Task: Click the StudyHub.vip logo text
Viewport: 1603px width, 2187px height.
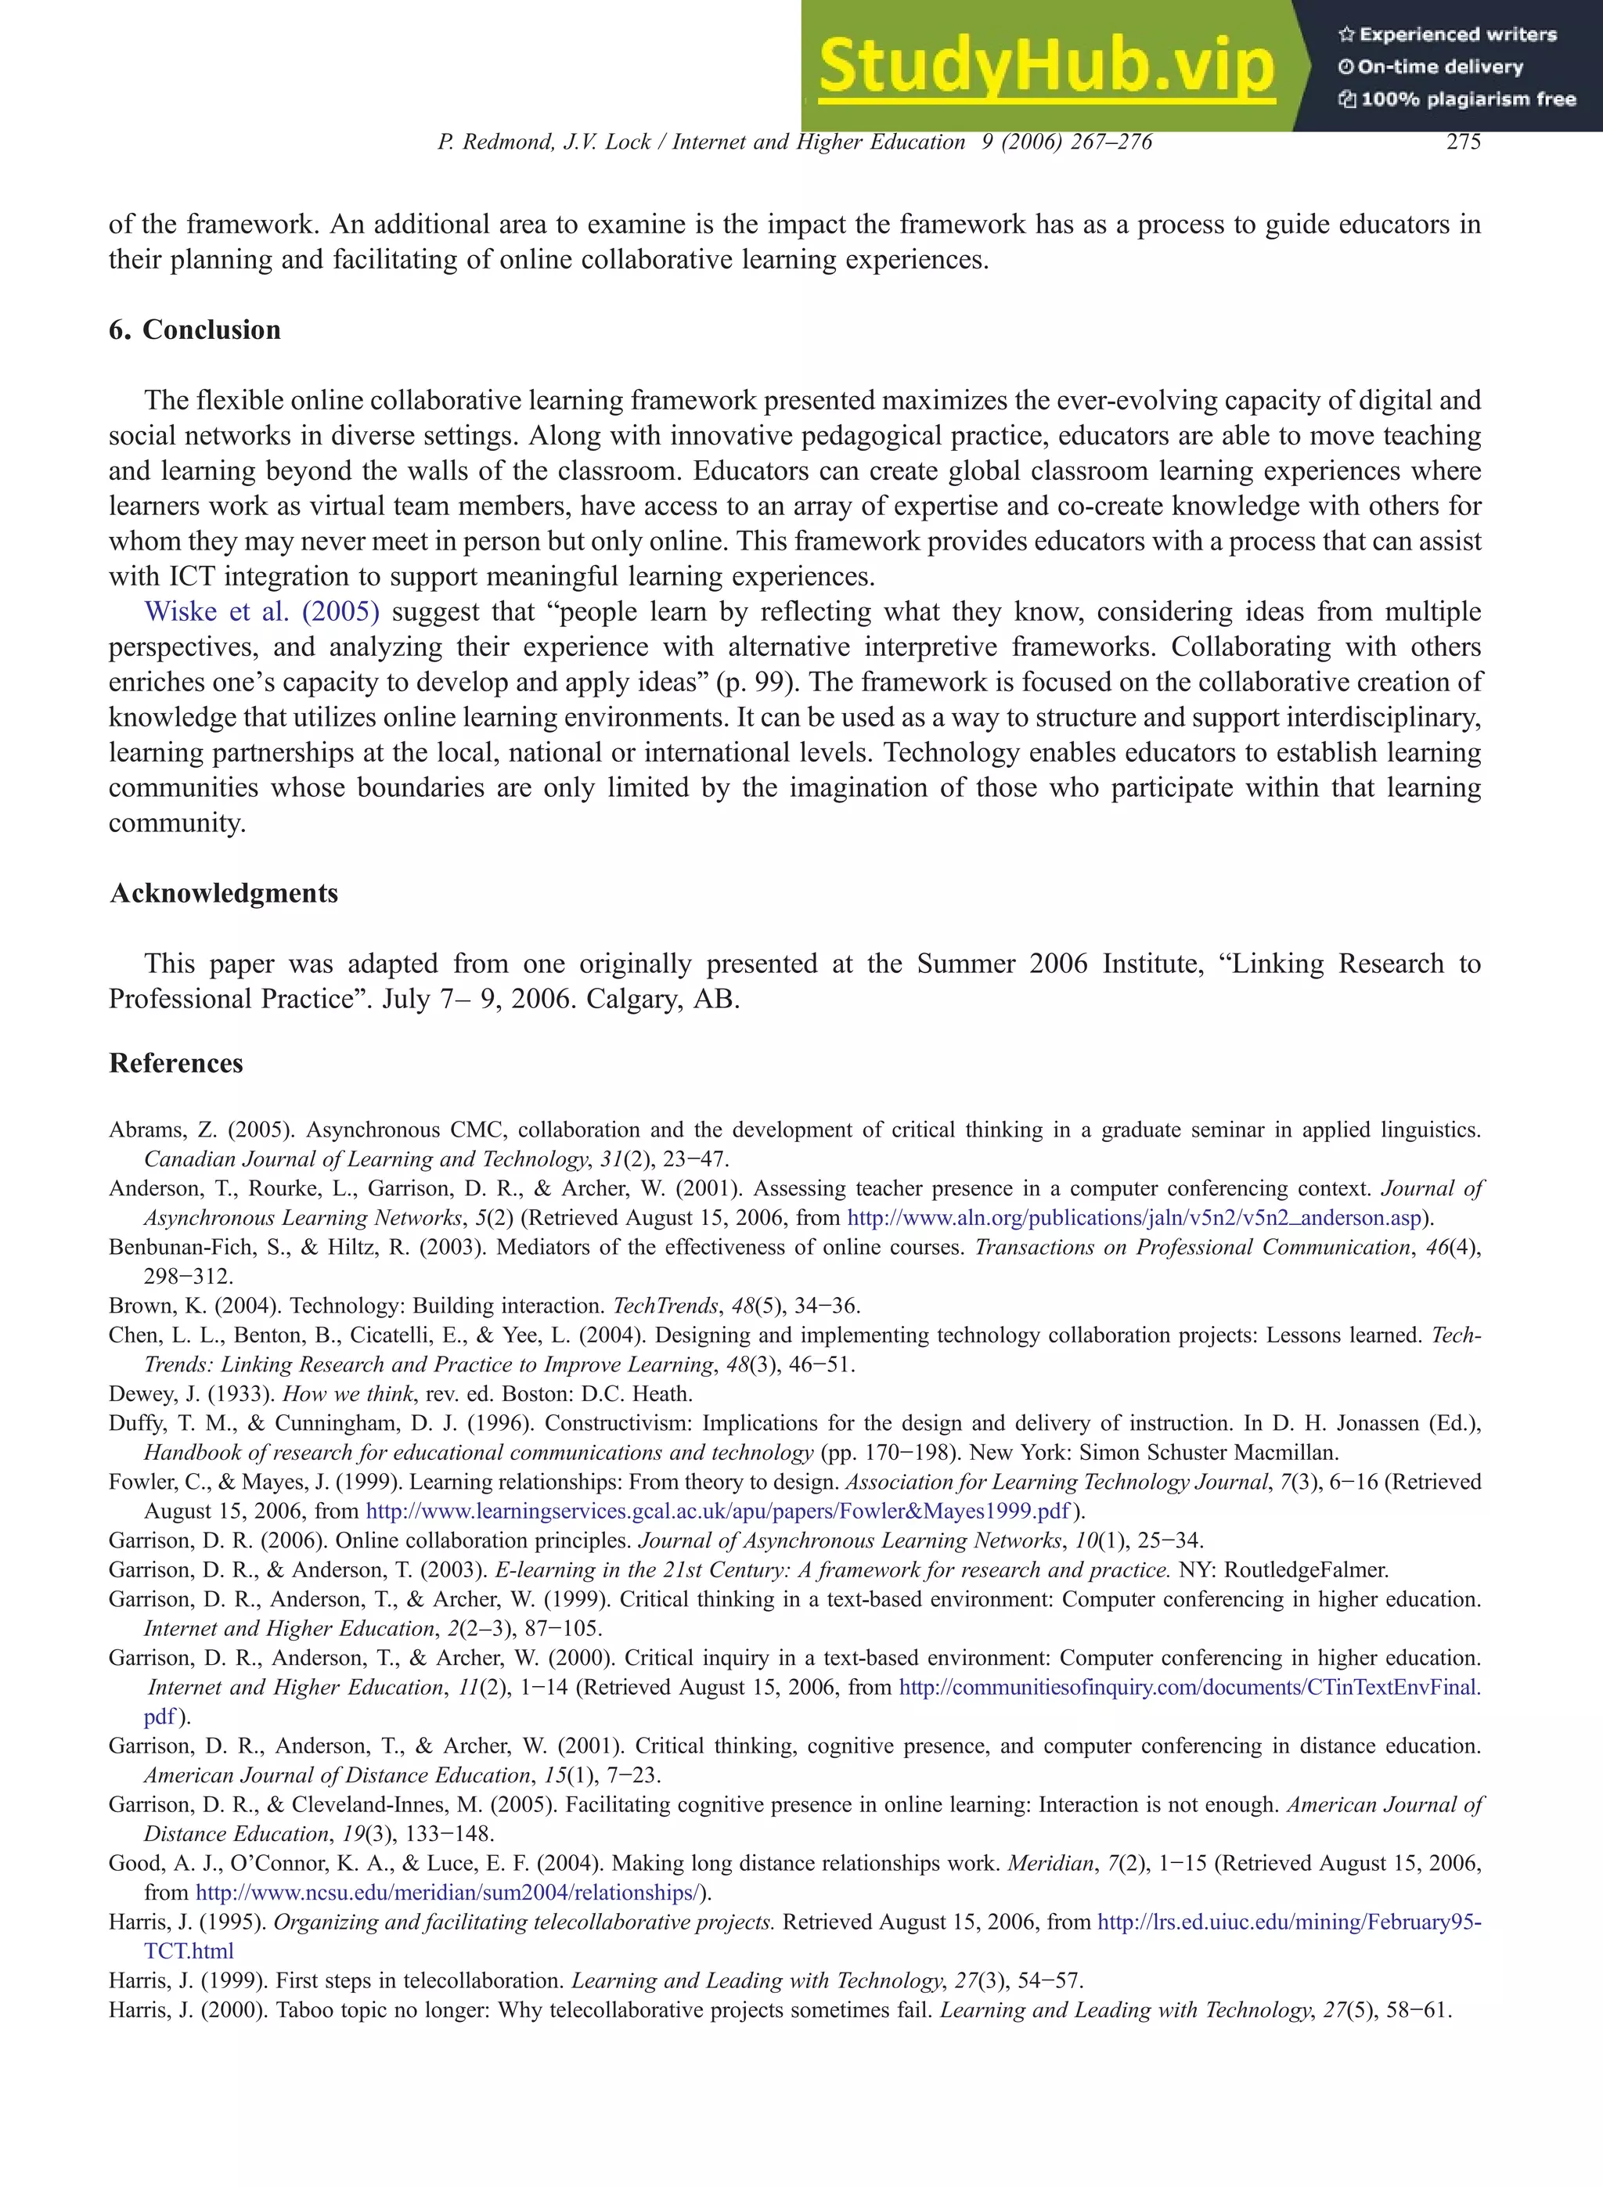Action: pyautogui.click(x=1046, y=66)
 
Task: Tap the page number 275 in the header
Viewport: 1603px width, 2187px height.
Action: pyautogui.click(x=1462, y=142)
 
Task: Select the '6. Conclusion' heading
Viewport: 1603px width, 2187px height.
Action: pyautogui.click(x=194, y=330)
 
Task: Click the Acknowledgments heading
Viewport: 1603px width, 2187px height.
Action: pyautogui.click(x=224, y=892)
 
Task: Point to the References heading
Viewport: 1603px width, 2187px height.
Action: pyautogui.click(x=175, y=1062)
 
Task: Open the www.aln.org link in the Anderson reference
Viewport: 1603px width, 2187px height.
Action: pyautogui.click(x=1134, y=1218)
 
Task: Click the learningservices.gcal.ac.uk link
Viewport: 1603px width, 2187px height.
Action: pyautogui.click(x=717, y=1511)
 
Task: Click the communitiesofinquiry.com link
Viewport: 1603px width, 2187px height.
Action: pyautogui.click(x=1189, y=1688)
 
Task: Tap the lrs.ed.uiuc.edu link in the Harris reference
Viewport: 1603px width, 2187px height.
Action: pyautogui.click(x=1288, y=1921)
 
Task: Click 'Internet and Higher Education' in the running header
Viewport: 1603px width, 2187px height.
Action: pyautogui.click(x=818, y=142)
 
